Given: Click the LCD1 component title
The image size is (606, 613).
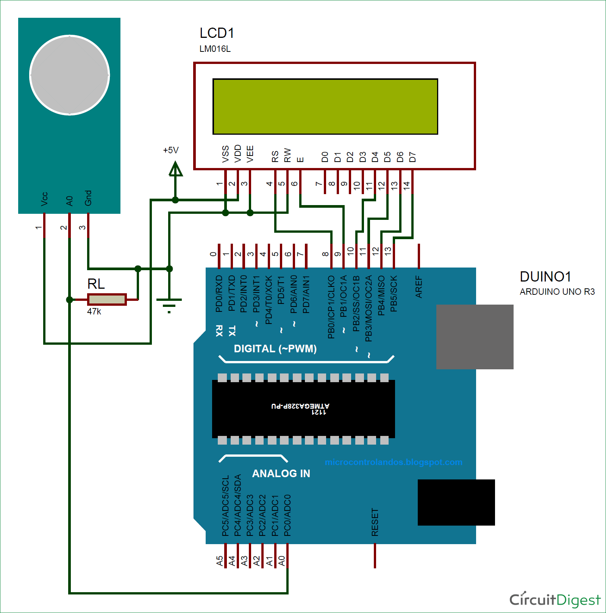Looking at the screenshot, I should (x=217, y=33).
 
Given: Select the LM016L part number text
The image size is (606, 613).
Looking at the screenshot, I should (x=215, y=49).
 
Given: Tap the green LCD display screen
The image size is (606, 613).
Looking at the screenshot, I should (x=325, y=106).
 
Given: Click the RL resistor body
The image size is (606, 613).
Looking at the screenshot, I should (x=107, y=299).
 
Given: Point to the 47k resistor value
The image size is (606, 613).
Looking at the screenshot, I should (x=94, y=311).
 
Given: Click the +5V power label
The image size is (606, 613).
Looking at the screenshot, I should (x=170, y=150).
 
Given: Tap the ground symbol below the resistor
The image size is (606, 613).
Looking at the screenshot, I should (x=169, y=305).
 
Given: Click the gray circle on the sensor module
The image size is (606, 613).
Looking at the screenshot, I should (x=70, y=75).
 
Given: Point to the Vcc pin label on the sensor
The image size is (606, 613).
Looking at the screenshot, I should (x=44, y=199).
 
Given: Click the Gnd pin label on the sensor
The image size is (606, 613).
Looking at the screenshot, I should (x=88, y=198).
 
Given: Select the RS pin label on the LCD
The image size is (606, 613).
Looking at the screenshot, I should (x=275, y=156).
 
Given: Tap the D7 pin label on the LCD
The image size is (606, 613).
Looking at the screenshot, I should (x=412, y=157).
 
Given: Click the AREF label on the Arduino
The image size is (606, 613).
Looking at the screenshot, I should (x=419, y=286).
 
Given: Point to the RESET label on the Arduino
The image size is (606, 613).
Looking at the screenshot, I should (x=375, y=522).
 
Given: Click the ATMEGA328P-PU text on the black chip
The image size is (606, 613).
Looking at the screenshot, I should (x=300, y=406).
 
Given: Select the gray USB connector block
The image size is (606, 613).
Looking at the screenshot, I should (x=475, y=336).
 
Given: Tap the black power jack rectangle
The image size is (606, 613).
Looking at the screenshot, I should (x=456, y=502).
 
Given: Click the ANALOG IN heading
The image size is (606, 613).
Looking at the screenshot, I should (x=281, y=473).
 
